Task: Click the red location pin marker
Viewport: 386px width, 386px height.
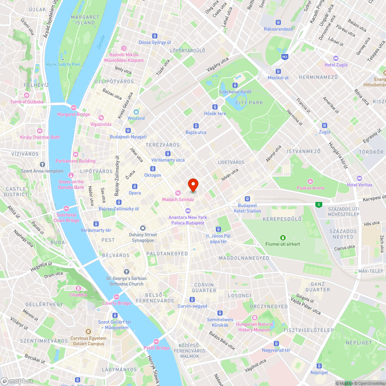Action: coord(193,185)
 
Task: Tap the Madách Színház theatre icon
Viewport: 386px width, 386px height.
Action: coord(178,193)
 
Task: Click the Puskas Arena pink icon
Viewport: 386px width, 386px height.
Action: coord(310,181)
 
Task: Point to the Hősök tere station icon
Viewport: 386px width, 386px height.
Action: coord(215,107)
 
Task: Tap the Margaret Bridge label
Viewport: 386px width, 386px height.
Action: coord(73,114)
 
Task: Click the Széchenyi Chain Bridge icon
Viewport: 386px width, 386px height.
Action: coord(66,208)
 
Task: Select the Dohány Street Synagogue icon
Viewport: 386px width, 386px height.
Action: coord(143,228)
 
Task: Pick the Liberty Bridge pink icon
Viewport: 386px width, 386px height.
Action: coord(116,296)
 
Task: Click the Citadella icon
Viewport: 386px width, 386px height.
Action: coord(78,288)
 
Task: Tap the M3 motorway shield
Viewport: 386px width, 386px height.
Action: coord(285,57)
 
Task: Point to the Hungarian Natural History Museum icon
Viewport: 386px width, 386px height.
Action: coord(254,318)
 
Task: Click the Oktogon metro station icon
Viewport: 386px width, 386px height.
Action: coord(153,169)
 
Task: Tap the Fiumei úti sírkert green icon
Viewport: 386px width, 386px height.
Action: coord(283,237)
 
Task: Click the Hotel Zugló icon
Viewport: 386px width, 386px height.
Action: coord(335,58)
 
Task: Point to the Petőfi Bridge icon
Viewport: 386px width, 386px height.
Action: coord(156,341)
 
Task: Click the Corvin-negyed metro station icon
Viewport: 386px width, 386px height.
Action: coord(192,300)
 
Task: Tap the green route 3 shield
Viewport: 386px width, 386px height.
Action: coord(318,205)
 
